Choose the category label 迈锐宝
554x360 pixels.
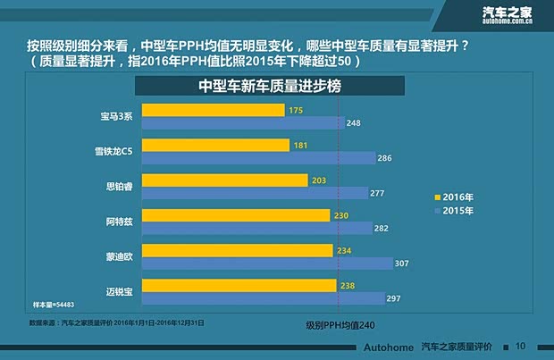(x=120, y=291)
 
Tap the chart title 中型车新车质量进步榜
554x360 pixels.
(x=269, y=88)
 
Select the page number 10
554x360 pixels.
(x=521, y=346)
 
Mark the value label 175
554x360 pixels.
(x=296, y=110)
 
